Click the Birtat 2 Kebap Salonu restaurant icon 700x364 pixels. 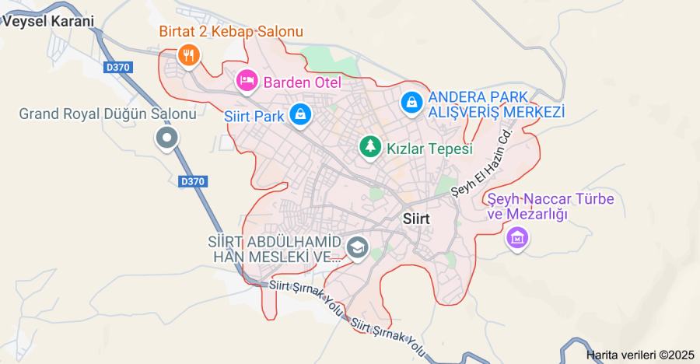tap(188, 54)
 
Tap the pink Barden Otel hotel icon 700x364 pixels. tap(247, 80)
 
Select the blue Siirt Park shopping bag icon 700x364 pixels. tap(299, 115)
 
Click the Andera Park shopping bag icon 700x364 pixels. tap(411, 102)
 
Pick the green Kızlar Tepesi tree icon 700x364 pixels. tap(370, 146)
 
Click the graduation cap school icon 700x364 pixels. tap(358, 248)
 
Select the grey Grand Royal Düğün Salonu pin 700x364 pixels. tap(166, 140)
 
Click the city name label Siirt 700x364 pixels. tap(418, 219)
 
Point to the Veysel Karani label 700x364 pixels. tap(48, 22)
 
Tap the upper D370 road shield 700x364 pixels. tap(117, 68)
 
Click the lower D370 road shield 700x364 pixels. tap(192, 181)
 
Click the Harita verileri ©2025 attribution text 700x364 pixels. tap(639, 355)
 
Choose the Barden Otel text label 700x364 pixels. tap(302, 82)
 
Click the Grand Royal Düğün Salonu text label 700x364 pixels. tap(107, 114)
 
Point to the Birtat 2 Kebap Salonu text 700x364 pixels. tap(230, 32)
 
